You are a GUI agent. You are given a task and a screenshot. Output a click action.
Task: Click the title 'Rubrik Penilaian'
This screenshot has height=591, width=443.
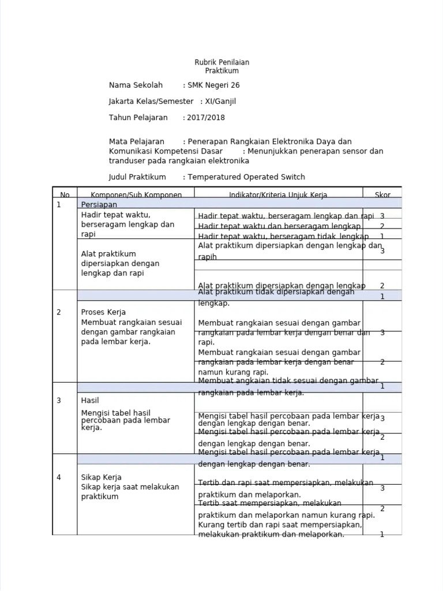coord(221,62)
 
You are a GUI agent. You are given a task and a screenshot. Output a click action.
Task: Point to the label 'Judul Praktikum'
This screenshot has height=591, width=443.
coord(137,177)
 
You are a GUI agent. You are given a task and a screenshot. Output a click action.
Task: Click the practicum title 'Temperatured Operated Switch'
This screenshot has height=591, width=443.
coord(246,177)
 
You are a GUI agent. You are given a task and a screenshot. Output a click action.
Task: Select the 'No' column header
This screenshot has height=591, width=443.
coord(65,195)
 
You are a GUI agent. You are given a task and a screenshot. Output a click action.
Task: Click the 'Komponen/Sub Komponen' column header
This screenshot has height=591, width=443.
coord(136,195)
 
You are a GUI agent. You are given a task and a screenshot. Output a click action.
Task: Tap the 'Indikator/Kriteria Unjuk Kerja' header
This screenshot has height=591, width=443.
coord(278,195)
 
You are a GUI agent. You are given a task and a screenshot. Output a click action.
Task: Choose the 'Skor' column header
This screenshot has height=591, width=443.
coord(382,195)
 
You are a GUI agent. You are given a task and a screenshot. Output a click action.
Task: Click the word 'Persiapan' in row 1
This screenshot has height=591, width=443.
coord(99,205)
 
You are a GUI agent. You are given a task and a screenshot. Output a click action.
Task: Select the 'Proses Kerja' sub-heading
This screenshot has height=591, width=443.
coord(99,312)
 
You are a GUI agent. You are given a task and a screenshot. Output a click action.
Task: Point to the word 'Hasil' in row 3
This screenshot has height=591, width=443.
coord(91,400)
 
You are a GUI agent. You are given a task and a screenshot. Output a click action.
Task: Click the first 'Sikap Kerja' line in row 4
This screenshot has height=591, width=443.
coord(101,477)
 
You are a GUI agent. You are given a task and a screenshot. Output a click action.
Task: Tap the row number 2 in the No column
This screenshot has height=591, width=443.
coord(59,312)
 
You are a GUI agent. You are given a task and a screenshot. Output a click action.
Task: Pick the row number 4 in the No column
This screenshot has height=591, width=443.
coord(59,477)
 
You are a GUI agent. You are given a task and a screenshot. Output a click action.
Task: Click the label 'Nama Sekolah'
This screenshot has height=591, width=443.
coord(136,85)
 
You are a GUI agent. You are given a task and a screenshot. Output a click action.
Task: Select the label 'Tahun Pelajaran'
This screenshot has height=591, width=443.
coord(138,118)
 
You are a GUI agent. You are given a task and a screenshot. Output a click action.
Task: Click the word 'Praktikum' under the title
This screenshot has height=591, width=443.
coord(221,71)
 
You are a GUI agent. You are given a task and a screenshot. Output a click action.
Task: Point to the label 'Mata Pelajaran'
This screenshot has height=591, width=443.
coord(137,142)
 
